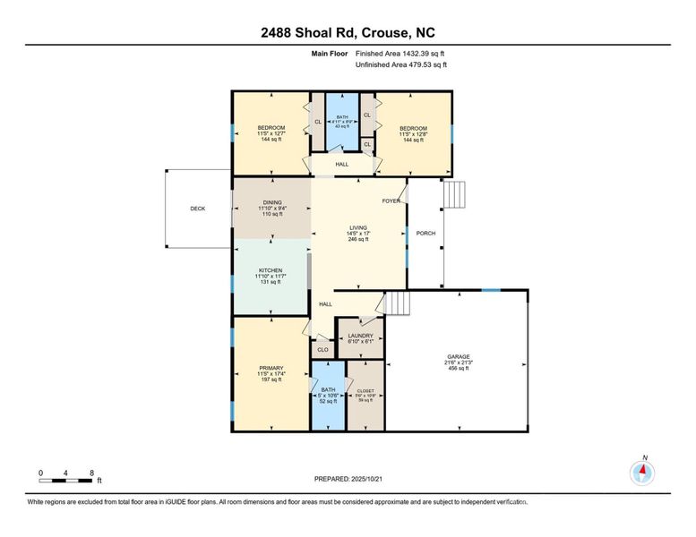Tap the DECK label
pyautogui.click(x=198, y=209)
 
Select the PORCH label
pyautogui.click(x=425, y=234)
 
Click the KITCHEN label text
pyautogui.click(x=271, y=270)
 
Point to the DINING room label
pyautogui.click(x=271, y=202)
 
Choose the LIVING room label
pyautogui.click(x=358, y=228)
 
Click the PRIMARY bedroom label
pyautogui.click(x=271, y=367)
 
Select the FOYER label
pyautogui.click(x=391, y=200)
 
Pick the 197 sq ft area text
pyautogui.click(x=271, y=379)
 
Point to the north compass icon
pyautogui.click(x=642, y=472)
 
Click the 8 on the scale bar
pyautogui.click(x=91, y=472)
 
